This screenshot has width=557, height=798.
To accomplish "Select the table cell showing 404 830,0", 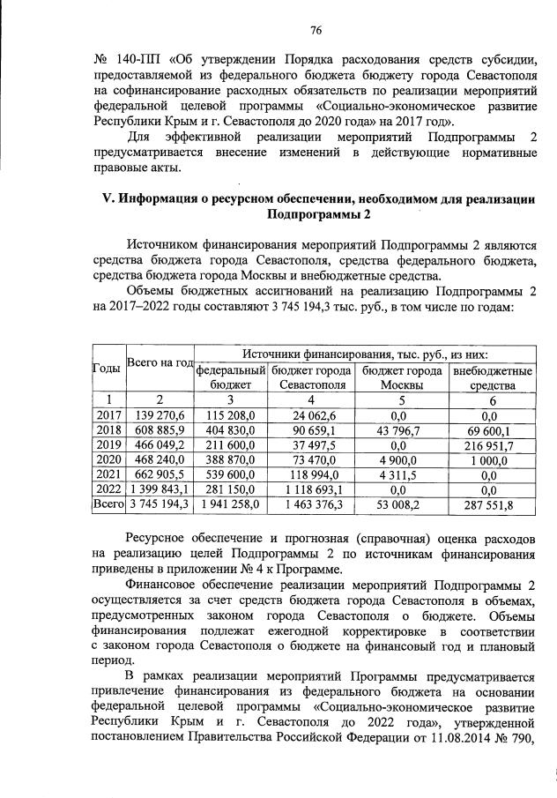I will point(231,430).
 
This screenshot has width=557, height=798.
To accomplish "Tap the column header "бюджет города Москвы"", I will point(402,378).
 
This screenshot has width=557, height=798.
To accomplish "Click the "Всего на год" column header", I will point(160,363).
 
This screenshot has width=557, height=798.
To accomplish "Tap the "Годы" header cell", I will point(108,369).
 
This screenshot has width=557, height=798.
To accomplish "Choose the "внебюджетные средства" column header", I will point(492,378).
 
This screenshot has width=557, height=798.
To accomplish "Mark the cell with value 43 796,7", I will point(402,430).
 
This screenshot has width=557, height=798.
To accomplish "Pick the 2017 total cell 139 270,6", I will point(160,414).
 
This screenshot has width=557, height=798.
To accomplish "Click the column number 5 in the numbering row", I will point(402,399).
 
